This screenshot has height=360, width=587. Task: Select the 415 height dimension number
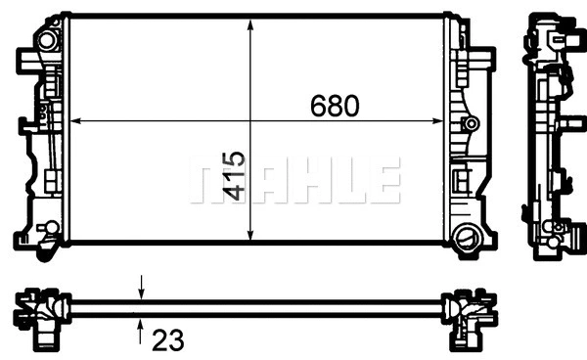233,176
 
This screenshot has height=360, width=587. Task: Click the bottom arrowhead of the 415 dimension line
252,236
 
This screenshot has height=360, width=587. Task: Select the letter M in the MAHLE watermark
209,182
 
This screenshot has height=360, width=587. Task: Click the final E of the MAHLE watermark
385,182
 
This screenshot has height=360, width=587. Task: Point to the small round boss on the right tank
472,124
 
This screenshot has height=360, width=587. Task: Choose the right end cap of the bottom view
468,310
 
